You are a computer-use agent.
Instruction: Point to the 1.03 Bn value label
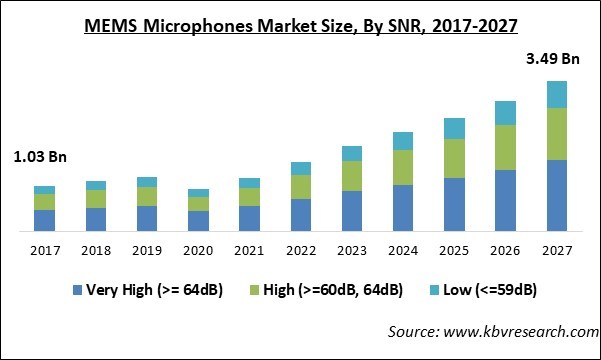coord(40,157)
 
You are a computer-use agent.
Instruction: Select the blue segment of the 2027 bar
coord(557,195)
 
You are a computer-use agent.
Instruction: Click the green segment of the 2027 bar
coord(557,134)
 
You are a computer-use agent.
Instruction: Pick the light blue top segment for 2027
coord(557,94)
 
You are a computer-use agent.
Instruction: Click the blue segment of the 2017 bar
coord(44,220)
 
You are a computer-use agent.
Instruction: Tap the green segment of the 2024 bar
coord(403,167)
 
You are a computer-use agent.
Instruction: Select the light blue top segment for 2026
coord(506,112)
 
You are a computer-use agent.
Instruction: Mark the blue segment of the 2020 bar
coord(198,221)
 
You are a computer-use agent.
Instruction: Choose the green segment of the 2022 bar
coord(301,187)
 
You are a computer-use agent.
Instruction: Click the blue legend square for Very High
coord(77,291)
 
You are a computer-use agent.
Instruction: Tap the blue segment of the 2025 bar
coord(454,204)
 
